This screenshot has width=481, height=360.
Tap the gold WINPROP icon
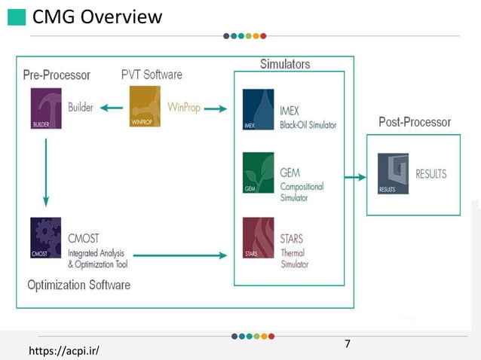click(145, 107)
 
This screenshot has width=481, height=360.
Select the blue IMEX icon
click(258, 110)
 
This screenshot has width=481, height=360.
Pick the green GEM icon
click(258, 173)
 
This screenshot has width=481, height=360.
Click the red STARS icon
click(258, 237)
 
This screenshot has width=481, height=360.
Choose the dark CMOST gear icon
click(47, 238)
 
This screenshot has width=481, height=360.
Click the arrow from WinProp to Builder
click(112, 108)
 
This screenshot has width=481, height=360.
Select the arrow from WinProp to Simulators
click(215, 108)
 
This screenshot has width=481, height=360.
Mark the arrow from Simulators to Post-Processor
click(356, 178)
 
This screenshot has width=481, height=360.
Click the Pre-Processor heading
click(57, 75)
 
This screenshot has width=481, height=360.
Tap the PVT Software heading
click(152, 75)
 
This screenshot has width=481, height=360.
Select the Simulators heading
click(285, 65)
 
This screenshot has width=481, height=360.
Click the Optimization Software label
click(78, 285)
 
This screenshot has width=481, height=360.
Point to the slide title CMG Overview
click(97, 17)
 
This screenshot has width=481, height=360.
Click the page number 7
click(348, 344)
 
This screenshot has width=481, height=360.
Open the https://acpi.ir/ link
click(64, 351)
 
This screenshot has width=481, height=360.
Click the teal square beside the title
click(17, 17)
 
